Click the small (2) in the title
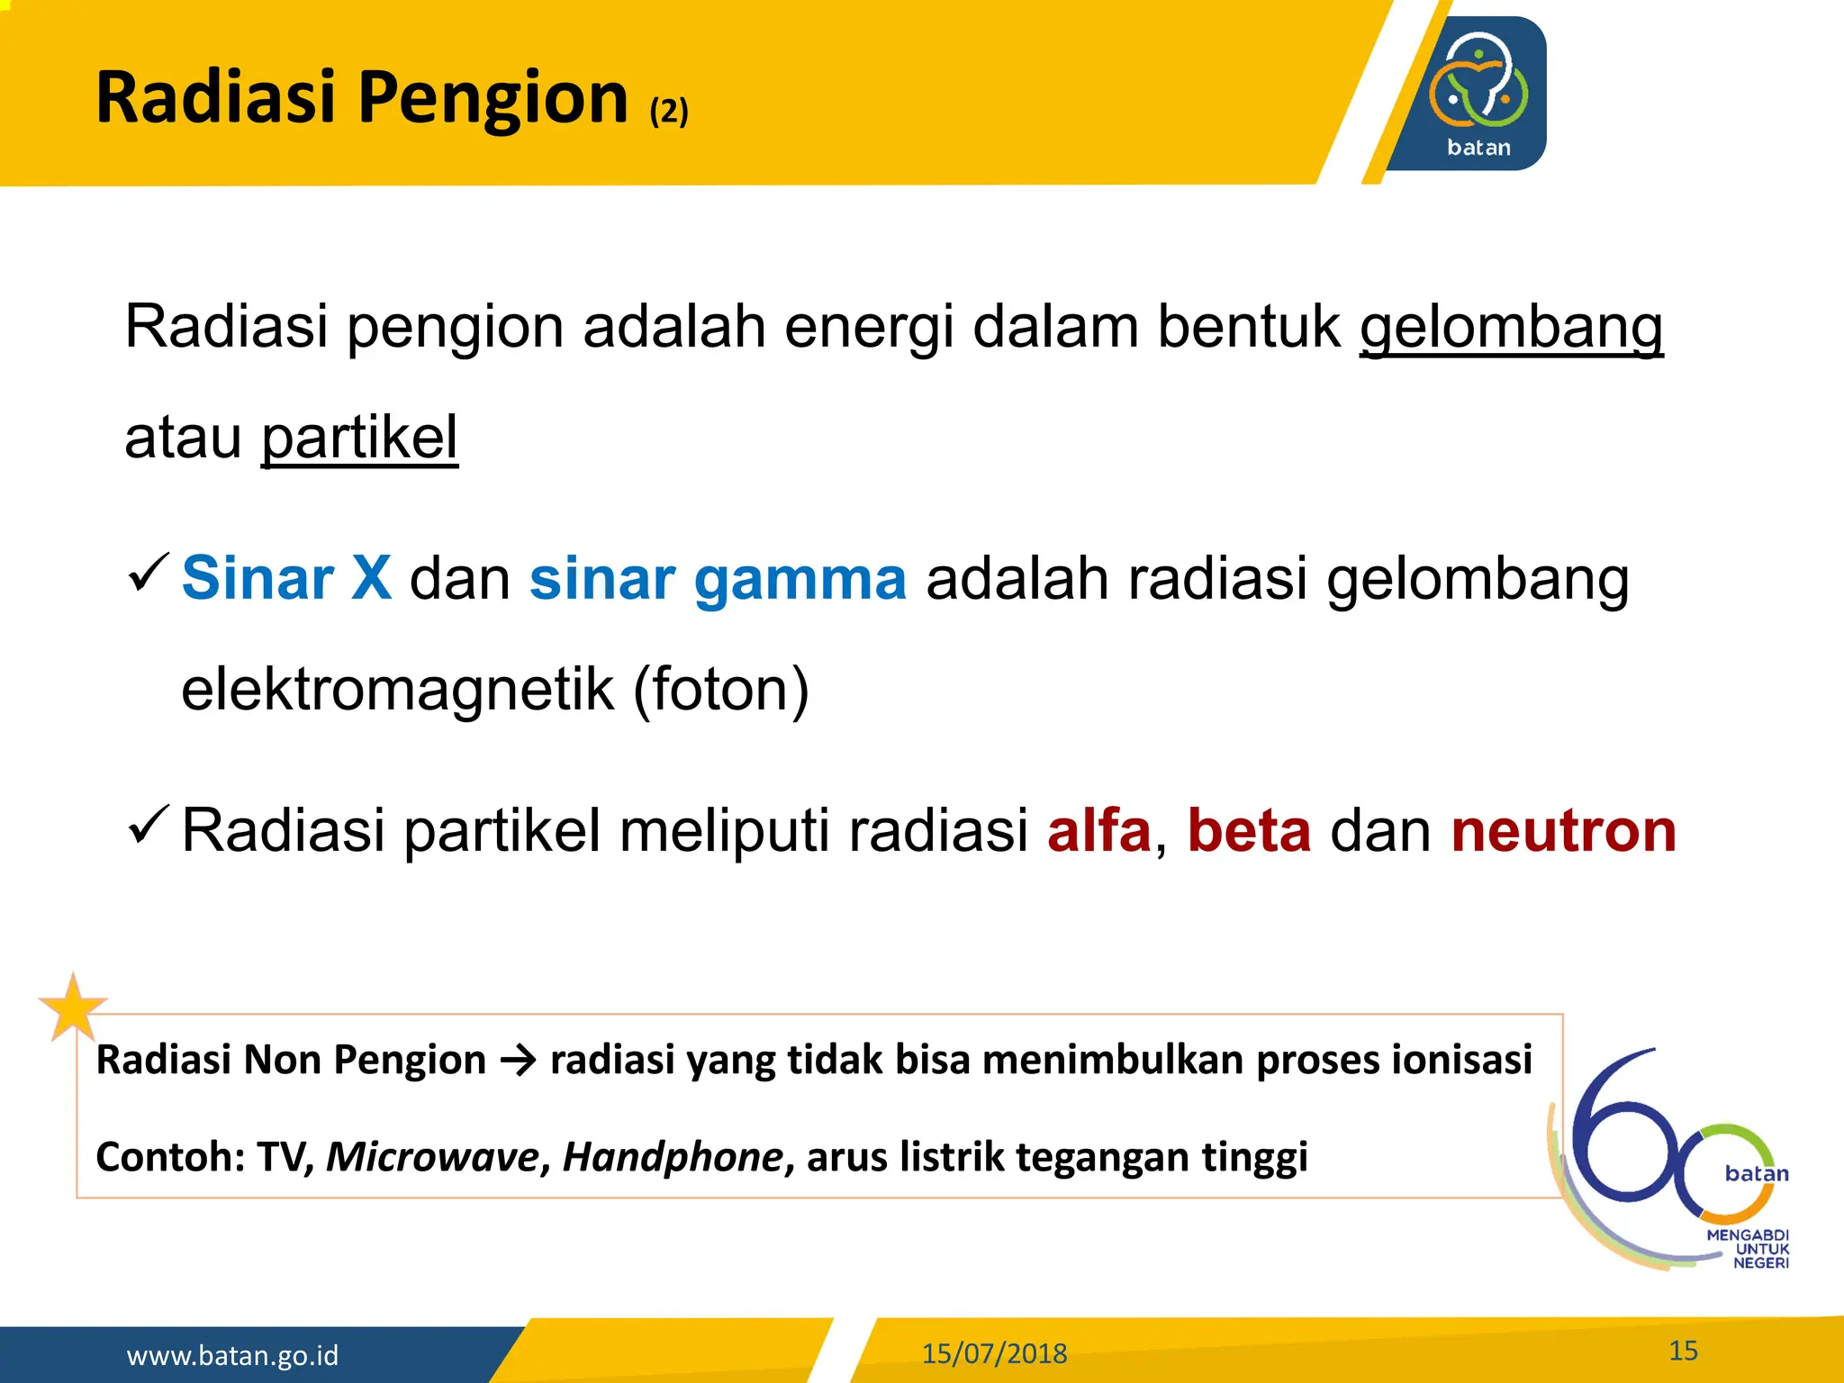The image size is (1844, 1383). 669,112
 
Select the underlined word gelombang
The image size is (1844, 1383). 1511,328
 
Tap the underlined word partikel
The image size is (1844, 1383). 359,438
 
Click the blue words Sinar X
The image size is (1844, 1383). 286,578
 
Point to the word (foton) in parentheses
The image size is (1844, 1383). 721,690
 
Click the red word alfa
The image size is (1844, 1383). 1099,830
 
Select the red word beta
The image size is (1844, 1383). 1249,830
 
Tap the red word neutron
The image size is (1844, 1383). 1564,830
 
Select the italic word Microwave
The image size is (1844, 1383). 432,1157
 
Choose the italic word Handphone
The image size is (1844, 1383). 673,1157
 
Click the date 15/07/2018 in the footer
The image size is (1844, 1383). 994,1353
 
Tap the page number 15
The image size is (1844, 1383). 1683,1350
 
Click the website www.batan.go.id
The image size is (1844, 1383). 232,1355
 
